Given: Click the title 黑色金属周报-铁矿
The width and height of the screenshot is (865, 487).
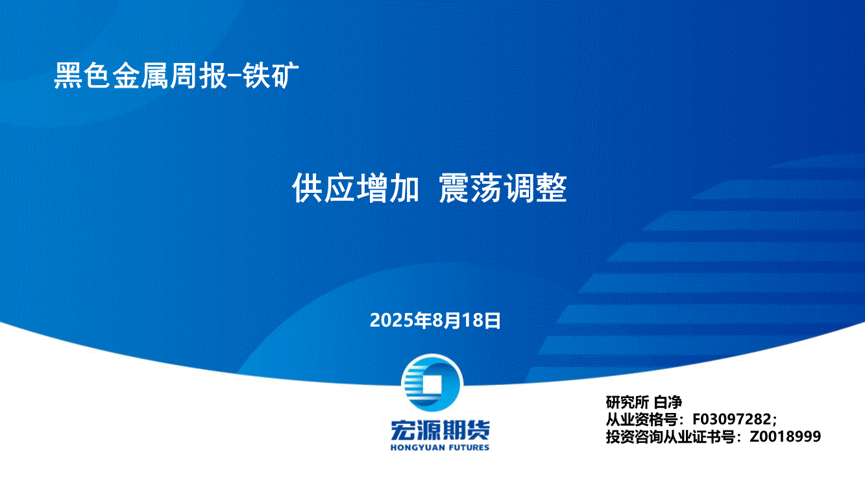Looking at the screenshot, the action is [x=177, y=75].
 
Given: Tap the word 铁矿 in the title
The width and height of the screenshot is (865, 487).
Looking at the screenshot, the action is [x=271, y=75].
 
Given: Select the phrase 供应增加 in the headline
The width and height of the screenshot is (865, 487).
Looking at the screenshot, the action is [x=355, y=188].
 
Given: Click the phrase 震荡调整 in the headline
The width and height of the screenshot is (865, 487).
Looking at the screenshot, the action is [x=503, y=188].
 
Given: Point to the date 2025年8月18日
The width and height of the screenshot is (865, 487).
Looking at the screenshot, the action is [x=435, y=320].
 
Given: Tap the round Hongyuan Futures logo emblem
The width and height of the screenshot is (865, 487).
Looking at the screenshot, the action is [x=432, y=383].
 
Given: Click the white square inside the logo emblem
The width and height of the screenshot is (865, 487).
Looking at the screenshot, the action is [x=432, y=383].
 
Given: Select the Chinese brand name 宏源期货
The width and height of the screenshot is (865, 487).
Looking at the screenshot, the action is [x=440, y=430].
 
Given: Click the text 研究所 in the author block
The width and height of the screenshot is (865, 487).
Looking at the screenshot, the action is [x=627, y=403].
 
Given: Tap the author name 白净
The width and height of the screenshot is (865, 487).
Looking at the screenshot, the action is [x=668, y=403].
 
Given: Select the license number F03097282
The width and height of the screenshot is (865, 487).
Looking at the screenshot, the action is [x=732, y=419].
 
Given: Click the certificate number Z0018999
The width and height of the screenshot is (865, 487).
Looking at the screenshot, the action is [x=785, y=436].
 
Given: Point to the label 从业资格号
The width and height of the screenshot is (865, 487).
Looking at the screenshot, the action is [x=641, y=419].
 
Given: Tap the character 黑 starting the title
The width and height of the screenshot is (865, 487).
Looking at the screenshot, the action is [x=68, y=76].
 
